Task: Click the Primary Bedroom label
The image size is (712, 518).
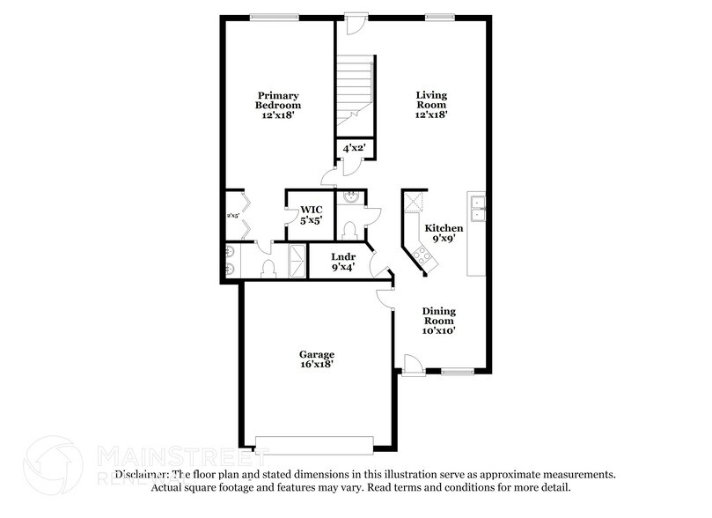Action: click(278, 104)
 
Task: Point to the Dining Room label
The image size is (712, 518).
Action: click(438, 320)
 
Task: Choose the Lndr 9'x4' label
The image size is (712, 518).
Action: click(342, 261)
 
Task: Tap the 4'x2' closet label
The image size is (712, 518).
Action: click(355, 149)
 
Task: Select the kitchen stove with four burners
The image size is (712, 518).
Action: click(420, 255)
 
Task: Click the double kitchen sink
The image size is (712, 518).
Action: click(478, 208)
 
